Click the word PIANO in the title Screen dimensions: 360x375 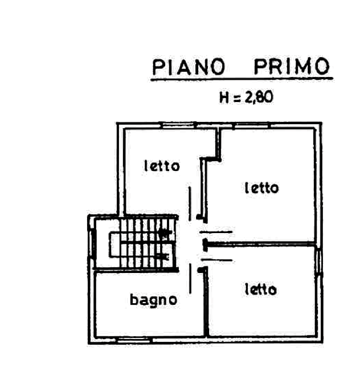(x=189, y=67)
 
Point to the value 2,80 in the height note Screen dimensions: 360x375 (x=259, y=97)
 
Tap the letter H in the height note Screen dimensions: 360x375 (x=224, y=97)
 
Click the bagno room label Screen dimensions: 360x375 (x=153, y=300)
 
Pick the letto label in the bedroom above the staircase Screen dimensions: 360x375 (x=162, y=165)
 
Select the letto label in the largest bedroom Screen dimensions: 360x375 (x=262, y=187)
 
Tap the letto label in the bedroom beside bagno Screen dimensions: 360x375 (x=261, y=289)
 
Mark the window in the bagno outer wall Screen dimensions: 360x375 (x=134, y=340)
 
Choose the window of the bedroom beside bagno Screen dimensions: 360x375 (x=318, y=262)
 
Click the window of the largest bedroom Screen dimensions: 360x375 (x=251, y=125)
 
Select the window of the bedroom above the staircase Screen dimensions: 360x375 (x=178, y=125)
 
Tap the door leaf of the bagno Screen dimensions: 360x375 (x=190, y=278)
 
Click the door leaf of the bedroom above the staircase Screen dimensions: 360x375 (x=190, y=203)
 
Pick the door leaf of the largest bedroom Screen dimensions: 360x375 (x=216, y=232)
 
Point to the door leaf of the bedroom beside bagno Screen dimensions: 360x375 (x=216, y=260)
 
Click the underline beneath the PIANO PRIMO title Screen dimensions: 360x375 (x=242, y=79)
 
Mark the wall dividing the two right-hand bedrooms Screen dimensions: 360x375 (x=260, y=244)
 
